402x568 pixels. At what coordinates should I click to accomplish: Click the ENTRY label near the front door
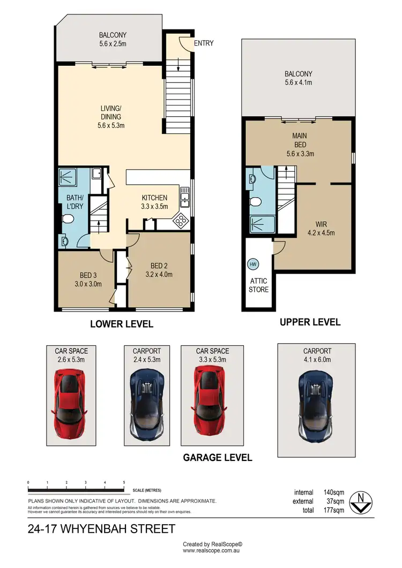[x=204, y=43]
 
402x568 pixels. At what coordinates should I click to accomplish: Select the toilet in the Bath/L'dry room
[x=68, y=220]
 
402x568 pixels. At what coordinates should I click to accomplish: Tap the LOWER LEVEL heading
[x=122, y=324]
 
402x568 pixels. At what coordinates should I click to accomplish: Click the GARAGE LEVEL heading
[x=218, y=458]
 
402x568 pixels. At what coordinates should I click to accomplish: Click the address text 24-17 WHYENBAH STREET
[x=101, y=529]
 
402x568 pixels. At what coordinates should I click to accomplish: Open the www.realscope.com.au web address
[x=212, y=550]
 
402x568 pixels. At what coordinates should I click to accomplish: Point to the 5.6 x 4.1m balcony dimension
[x=299, y=83]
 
